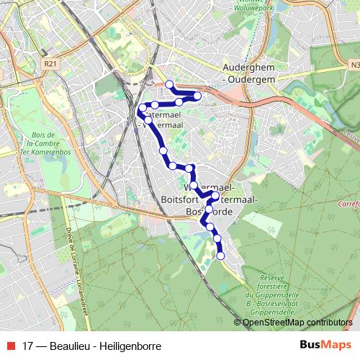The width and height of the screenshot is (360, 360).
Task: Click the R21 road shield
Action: pyautogui.click(x=50, y=64)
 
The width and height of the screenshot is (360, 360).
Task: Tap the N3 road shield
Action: pyautogui.click(x=356, y=65)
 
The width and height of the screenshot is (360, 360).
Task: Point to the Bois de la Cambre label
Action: pyautogui.click(x=43, y=144)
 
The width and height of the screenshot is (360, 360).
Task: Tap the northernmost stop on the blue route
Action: pyautogui.click(x=170, y=85)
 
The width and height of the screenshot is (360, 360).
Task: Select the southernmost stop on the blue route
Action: pyautogui.click(x=220, y=256)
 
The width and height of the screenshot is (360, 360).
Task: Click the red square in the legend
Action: pyautogui.click(x=10, y=345)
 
